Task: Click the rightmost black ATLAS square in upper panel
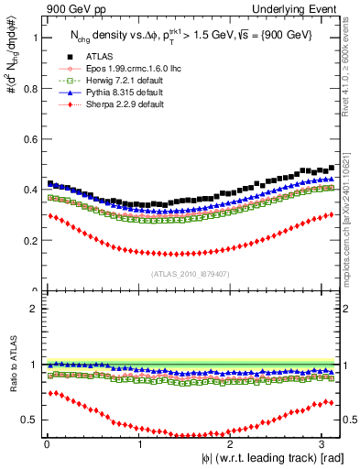pos(332,168)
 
